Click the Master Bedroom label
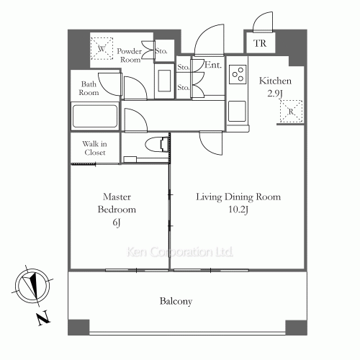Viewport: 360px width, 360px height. coord(117,203)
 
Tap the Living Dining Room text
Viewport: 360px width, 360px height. coord(238,197)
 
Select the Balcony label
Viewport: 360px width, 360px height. coord(176,301)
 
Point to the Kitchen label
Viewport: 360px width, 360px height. coord(275,81)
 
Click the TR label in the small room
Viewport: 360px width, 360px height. coord(260,43)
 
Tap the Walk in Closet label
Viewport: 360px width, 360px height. coord(95,148)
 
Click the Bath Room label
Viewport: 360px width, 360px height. coord(89,88)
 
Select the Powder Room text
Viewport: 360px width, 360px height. coord(130,55)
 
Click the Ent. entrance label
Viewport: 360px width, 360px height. coord(212,65)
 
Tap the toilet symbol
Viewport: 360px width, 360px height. coord(157,144)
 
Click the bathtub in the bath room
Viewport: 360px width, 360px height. coord(95,116)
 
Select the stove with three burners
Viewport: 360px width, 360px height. coord(238,74)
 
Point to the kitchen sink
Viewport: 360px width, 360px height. coord(237,111)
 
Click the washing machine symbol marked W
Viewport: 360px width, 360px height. coord(102,48)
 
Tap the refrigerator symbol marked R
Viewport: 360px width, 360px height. coord(291,112)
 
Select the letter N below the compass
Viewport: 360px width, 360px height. coord(43,318)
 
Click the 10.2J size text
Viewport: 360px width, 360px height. coord(238,210)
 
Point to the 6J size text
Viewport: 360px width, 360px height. coord(117,222)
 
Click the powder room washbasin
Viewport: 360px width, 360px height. coord(164,81)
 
